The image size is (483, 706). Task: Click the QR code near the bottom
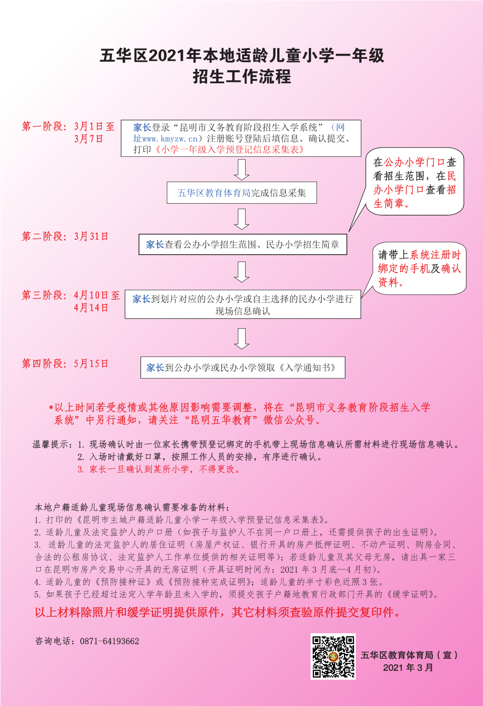(333, 656)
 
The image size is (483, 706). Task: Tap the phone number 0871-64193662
(110, 641)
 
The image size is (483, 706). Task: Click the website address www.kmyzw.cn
(170, 138)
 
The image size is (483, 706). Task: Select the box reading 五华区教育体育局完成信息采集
(242, 192)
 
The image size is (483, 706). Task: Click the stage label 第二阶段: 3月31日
(65, 236)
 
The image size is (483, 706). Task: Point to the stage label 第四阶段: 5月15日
(65, 363)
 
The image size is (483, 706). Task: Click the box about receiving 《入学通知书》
(243, 367)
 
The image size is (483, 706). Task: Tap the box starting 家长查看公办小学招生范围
(243, 244)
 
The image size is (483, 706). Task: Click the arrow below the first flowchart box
(242, 170)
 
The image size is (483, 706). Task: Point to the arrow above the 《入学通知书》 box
(242, 338)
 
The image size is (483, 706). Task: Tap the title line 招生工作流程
(242, 77)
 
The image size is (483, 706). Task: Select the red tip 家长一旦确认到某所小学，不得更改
(159, 469)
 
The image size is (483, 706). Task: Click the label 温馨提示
(50, 444)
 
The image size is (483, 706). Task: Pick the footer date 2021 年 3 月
(408, 667)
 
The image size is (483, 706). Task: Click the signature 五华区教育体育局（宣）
(409, 655)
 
